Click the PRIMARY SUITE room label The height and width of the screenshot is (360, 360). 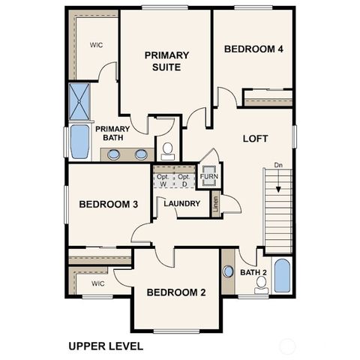click(x=166, y=61)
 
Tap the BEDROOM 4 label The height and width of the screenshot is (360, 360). click(x=253, y=49)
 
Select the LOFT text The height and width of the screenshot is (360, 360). click(x=255, y=139)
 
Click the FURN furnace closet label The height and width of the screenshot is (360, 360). click(x=208, y=177)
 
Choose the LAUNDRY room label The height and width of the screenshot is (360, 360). click(x=181, y=203)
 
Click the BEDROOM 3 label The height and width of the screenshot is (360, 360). click(x=108, y=205)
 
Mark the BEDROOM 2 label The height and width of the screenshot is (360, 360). click(x=176, y=292)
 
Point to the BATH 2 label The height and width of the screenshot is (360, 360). click(x=253, y=272)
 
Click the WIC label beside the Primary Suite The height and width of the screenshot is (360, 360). click(x=97, y=45)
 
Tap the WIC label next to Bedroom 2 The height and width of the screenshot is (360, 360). click(x=97, y=283)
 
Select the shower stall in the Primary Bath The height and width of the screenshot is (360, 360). click(x=79, y=102)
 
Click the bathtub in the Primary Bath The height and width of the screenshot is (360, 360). click(x=79, y=142)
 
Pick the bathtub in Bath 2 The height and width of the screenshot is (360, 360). click(x=281, y=276)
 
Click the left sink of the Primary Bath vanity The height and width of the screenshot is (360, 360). click(x=114, y=154)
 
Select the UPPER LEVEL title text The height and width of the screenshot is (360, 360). click(x=105, y=346)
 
